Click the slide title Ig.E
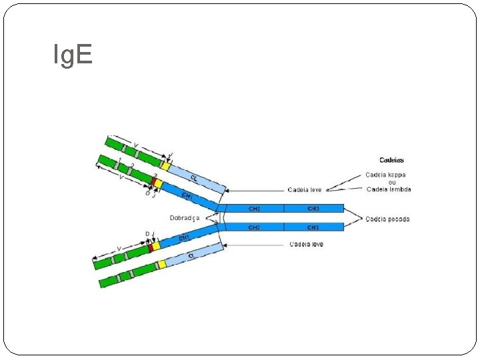[x=73, y=55]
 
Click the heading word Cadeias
[x=391, y=160]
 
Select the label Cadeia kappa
[x=386, y=175]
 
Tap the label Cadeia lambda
[x=389, y=189]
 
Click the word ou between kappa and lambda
[x=392, y=182]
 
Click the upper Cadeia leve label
[x=305, y=190]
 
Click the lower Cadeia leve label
[x=307, y=245]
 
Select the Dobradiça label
[x=185, y=217]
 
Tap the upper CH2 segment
[x=254, y=209]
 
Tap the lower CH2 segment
[x=254, y=227]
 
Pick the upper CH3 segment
[x=313, y=209]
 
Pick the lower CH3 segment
[x=313, y=227]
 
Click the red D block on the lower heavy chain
[x=151, y=247]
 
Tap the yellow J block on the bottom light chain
[x=161, y=265]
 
